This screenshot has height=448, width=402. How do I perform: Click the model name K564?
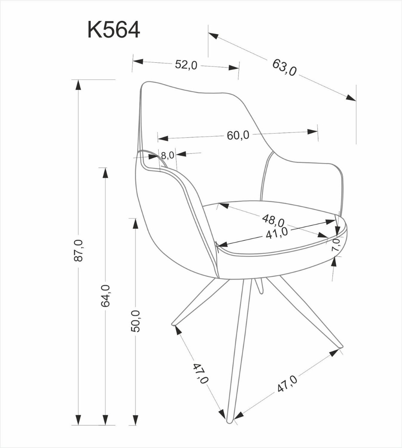tap(114, 30)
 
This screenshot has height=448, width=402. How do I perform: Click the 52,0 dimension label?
tap(186, 65)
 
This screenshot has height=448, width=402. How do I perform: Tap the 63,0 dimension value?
tap(284, 67)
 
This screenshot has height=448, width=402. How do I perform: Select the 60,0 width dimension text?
tap(238, 135)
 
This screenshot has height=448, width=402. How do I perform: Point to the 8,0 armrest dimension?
tap(167, 155)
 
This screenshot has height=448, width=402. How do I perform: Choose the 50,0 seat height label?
tap(135, 321)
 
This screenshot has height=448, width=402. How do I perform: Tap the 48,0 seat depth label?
tap(274, 220)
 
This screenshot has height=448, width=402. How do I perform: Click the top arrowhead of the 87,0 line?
tap(78, 85)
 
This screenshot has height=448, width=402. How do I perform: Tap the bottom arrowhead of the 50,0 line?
tap(135, 420)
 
